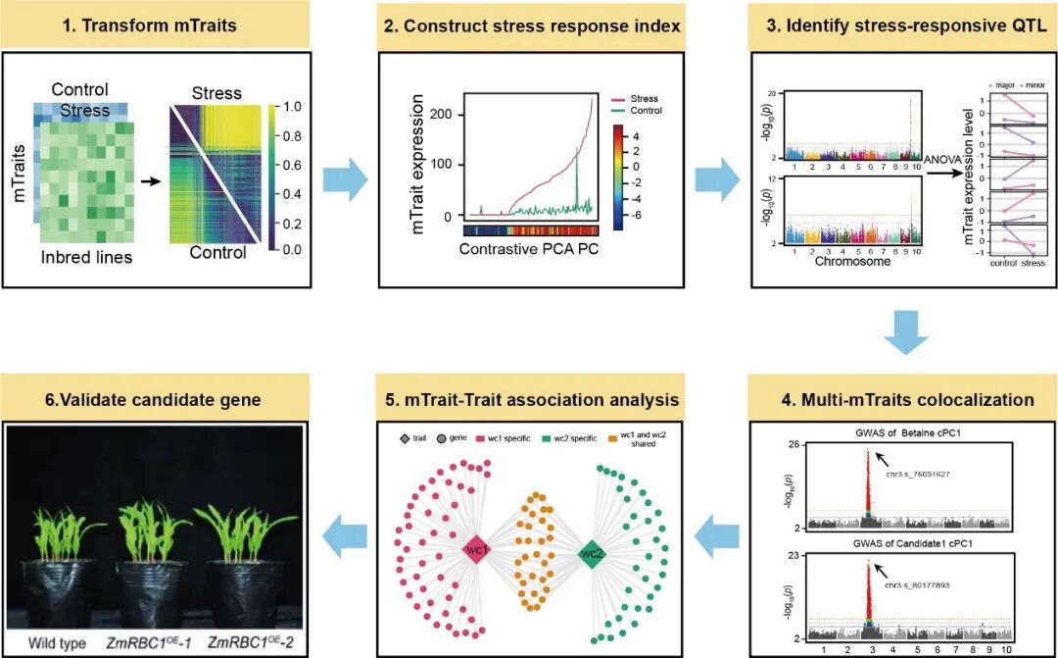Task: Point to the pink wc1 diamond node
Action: pyautogui.click(x=475, y=551)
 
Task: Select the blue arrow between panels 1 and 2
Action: pyautogui.click(x=350, y=179)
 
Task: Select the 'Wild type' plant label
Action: pyautogui.click(x=52, y=643)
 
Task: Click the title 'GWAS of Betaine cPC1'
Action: pyautogui.click(x=903, y=432)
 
